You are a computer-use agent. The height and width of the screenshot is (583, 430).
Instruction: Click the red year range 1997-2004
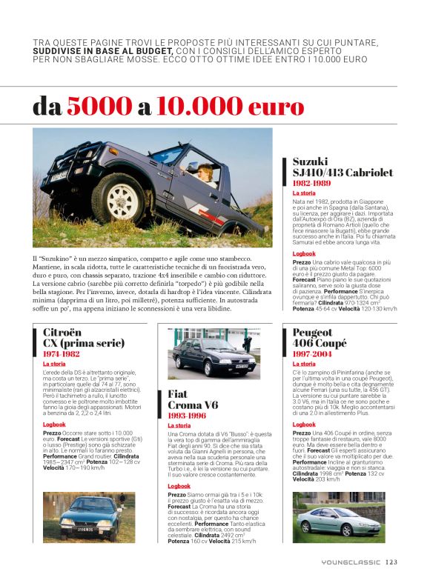(x=314, y=354)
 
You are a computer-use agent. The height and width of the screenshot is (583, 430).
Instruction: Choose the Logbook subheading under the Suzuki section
(x=303, y=253)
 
